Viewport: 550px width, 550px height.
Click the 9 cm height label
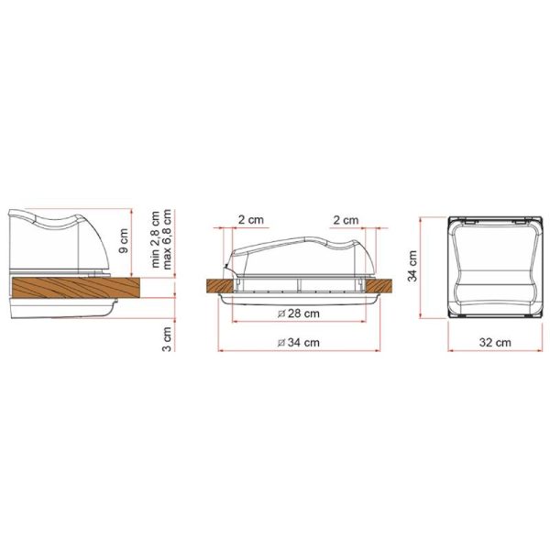point(123,240)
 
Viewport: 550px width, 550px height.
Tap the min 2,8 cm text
point(155,239)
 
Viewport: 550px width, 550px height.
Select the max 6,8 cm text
point(167,239)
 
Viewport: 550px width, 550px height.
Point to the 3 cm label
point(168,339)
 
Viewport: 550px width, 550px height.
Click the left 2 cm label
point(251,220)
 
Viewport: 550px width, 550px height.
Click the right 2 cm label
point(346,220)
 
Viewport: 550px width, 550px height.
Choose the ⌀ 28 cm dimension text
point(299,313)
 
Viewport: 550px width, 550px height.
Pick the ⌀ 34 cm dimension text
point(299,342)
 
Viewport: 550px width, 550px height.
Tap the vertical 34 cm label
point(412,266)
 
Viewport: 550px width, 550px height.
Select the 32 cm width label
point(495,342)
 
